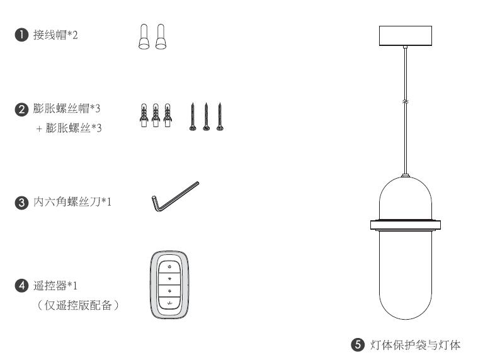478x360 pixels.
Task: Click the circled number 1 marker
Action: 21,35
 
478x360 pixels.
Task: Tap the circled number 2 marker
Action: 21,109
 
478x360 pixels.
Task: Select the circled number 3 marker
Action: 21,202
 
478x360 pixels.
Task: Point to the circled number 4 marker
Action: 21,286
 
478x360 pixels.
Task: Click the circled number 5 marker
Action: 358,345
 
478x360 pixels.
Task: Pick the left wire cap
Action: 144,37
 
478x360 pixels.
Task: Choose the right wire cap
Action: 161,37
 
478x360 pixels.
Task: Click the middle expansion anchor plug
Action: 156,115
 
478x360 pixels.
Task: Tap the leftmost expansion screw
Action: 193,117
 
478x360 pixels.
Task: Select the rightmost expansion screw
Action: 220,117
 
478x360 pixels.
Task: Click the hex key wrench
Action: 175,196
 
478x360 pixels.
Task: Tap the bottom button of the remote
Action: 170,303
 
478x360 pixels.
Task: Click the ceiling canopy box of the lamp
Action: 406,36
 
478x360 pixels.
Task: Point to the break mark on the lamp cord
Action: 406,101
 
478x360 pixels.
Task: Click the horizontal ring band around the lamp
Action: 406,225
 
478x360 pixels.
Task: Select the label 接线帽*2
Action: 55,35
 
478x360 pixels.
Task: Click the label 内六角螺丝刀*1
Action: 72,201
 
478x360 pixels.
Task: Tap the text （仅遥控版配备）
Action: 77,305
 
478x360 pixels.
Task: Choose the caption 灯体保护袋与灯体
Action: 415,345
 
